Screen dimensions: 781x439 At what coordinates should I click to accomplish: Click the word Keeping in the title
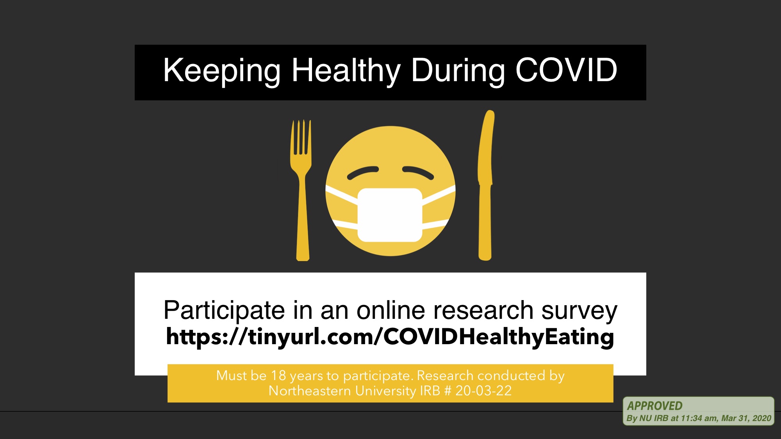pyautogui.click(x=222, y=71)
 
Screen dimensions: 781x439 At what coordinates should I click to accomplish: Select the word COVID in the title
pyautogui.click(x=566, y=70)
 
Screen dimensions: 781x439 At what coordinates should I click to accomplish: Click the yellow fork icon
pyautogui.click(x=301, y=190)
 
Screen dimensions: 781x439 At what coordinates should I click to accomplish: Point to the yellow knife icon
pyautogui.click(x=485, y=185)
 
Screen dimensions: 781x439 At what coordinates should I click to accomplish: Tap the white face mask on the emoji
pyautogui.click(x=390, y=215)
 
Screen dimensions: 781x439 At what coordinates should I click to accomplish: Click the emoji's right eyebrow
pyautogui.click(x=418, y=172)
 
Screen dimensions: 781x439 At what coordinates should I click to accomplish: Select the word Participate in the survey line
pyautogui.click(x=224, y=311)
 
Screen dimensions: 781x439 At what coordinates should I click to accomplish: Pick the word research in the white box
pyautogui.click(x=483, y=310)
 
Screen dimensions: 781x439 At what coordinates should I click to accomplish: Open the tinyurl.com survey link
pyautogui.click(x=390, y=337)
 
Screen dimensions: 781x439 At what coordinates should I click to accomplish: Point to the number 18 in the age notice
pyautogui.click(x=278, y=375)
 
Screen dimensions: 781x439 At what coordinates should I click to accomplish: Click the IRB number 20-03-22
pyautogui.click(x=483, y=391)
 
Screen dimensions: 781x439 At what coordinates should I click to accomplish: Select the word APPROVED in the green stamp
pyautogui.click(x=655, y=406)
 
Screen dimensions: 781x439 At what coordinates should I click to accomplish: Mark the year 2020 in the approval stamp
pyautogui.click(x=762, y=418)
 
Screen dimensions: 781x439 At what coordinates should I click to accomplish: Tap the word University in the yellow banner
pyautogui.click(x=386, y=391)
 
